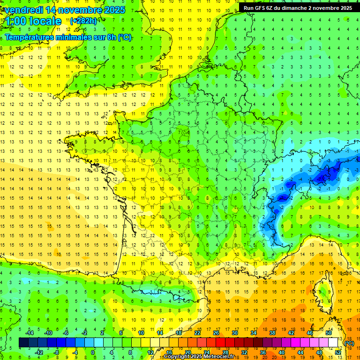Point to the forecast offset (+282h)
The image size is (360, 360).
pos(83,21)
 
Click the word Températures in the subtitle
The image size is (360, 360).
pos(32,37)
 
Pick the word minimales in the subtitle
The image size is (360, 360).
pos(80,37)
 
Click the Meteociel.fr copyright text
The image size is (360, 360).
pos(199,357)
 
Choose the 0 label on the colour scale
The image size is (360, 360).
pos(93,352)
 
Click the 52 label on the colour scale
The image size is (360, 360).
pos(337,352)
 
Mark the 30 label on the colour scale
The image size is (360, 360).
pos(235,333)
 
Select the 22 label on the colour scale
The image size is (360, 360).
pos(197,333)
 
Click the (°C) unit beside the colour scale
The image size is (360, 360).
pos(350,343)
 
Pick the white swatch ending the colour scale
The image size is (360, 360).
pos(333,342)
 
